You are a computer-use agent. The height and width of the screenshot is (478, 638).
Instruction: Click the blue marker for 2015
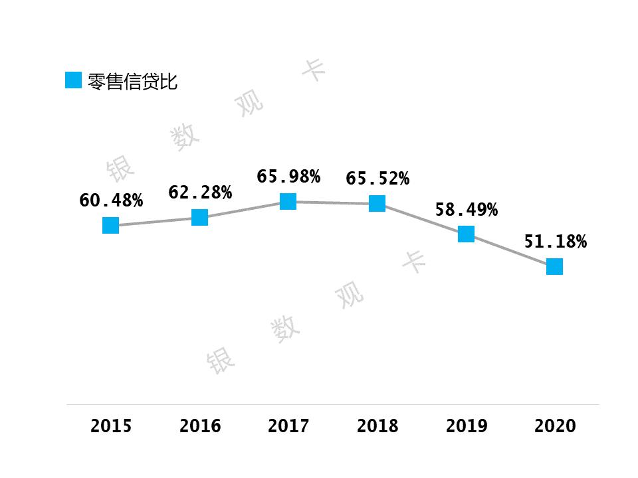point(111,226)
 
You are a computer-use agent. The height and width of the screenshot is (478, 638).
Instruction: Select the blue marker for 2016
point(199,217)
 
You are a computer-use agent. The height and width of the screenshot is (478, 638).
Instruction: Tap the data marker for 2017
point(288,201)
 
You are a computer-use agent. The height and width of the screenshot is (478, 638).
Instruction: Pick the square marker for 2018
point(377,203)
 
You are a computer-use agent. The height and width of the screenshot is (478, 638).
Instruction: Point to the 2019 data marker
point(466,234)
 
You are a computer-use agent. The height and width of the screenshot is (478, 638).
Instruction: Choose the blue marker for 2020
point(554,266)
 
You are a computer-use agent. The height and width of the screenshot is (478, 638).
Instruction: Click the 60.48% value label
point(111,200)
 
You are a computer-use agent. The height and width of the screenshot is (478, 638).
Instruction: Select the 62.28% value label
point(200,193)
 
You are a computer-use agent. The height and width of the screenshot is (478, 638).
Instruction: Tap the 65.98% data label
point(288,177)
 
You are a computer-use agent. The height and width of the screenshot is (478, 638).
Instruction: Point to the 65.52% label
point(377,179)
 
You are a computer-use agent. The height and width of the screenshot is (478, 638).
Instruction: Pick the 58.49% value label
point(466,210)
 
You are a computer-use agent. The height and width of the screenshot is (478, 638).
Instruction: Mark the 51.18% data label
point(555,242)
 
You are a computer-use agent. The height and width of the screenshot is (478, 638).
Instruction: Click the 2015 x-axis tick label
point(111,426)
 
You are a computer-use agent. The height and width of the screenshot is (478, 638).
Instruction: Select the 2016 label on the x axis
point(200,426)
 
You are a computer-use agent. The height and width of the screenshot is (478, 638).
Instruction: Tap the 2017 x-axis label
point(288,426)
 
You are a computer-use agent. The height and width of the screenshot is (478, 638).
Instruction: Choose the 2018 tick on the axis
point(377,426)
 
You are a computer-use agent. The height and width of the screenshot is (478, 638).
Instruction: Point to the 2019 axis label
point(466,426)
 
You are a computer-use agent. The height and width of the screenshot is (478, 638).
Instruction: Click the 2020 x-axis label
point(555,426)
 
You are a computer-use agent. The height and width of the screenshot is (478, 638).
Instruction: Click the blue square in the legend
point(73,80)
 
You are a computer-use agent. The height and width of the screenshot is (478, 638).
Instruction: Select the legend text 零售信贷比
point(132,82)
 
